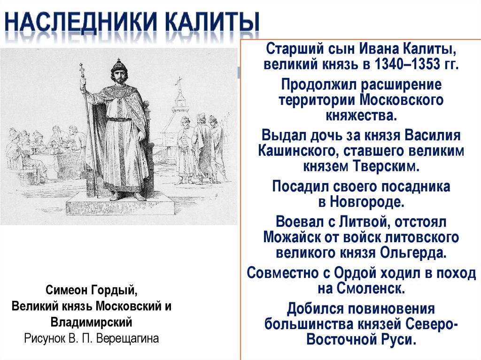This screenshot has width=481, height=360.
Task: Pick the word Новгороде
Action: [366, 202]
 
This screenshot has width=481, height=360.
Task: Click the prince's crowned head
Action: [119, 70]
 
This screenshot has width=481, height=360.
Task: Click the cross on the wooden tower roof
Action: [178, 83]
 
